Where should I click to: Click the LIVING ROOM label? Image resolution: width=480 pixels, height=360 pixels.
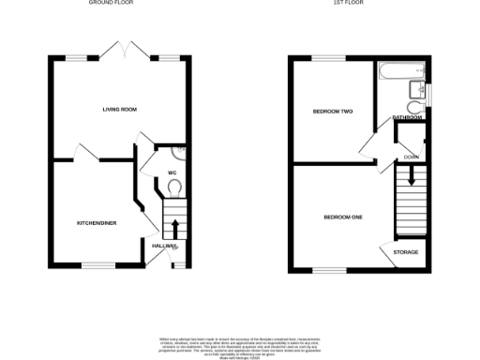(x=120, y=110)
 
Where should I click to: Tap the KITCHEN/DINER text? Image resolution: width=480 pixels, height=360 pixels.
(x=96, y=223)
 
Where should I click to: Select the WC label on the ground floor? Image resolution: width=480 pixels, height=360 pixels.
(x=172, y=172)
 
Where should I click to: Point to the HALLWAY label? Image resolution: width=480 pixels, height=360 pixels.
(x=164, y=246)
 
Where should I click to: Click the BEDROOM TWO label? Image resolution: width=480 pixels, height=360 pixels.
(x=332, y=112)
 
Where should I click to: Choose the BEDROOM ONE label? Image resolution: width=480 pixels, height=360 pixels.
(x=342, y=217)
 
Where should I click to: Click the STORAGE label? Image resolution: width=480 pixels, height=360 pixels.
(x=405, y=252)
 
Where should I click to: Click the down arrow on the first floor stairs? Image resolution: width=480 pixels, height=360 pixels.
(x=410, y=175)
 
